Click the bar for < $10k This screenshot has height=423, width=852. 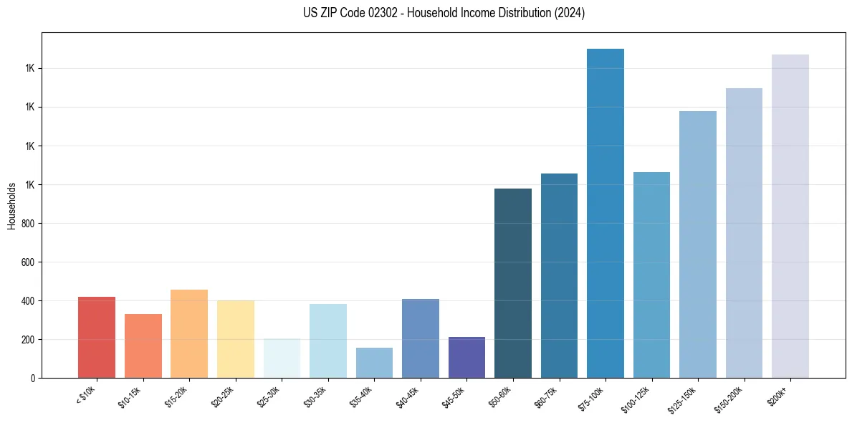coord(97,337)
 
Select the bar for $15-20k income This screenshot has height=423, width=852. coord(189,333)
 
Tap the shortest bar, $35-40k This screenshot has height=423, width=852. coord(374,363)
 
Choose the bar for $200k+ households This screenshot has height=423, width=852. coord(790,216)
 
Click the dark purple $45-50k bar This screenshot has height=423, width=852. coord(466,357)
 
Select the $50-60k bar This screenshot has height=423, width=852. coord(513,283)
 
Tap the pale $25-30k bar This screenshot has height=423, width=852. coord(282,358)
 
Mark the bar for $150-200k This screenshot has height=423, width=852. coord(744,233)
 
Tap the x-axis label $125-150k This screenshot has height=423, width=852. coord(684,398)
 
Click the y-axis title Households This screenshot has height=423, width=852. coord(11,206)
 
